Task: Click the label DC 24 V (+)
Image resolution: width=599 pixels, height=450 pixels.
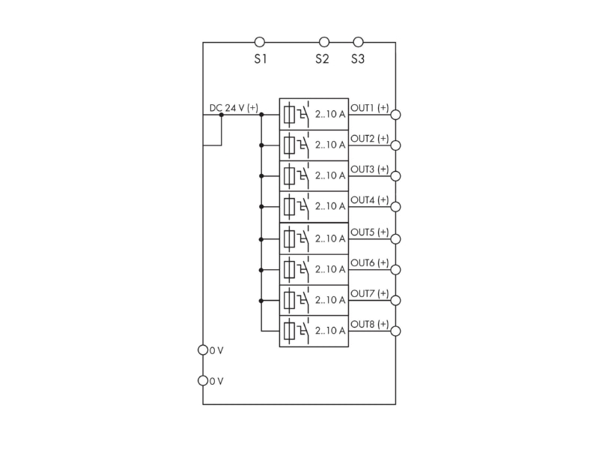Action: click(234, 108)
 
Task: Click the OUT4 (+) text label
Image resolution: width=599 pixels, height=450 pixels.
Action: click(370, 199)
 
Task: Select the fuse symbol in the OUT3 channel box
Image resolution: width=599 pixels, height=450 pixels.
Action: click(289, 176)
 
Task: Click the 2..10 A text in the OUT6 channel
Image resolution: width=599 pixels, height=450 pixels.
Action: click(330, 269)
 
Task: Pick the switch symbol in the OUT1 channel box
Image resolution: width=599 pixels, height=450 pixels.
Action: click(303, 115)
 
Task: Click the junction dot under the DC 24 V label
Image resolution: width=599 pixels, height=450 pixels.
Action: click(221, 115)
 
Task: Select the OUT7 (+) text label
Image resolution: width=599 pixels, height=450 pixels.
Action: click(370, 293)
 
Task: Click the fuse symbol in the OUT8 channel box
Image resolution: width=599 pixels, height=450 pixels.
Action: click(289, 331)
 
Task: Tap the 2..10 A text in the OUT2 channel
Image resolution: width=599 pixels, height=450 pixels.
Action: click(330, 145)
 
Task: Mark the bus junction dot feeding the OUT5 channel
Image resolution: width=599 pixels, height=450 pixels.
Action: click(261, 239)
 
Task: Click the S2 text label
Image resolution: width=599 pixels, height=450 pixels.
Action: click(322, 59)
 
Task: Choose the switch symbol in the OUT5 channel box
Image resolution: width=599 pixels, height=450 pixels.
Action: click(303, 239)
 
